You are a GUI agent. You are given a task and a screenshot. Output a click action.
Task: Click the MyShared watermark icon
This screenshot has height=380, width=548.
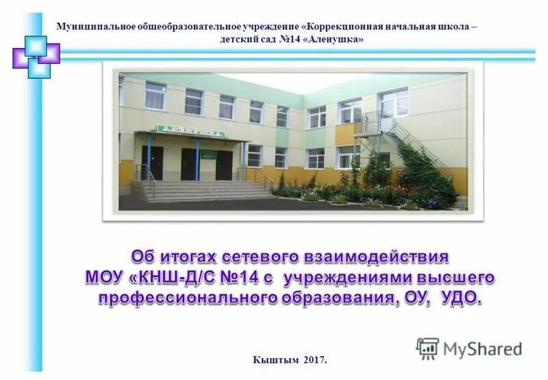coord(427,348)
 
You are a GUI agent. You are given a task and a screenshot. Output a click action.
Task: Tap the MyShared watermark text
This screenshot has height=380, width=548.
coord(483,349)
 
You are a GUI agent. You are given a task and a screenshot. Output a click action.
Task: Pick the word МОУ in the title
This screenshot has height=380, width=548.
coord(105,278)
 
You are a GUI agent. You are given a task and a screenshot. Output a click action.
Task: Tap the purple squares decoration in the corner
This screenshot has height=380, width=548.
coord(36,55)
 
